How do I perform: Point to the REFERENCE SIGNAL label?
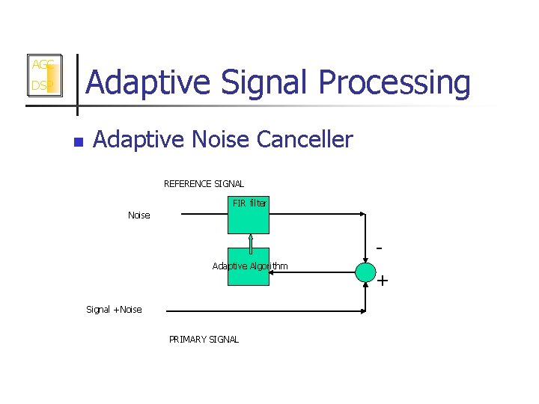tap(204, 184)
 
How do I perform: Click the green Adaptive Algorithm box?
tap(248, 267)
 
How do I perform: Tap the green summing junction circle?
tap(365, 272)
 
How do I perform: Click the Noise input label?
tap(138, 215)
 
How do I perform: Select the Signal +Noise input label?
tap(114, 310)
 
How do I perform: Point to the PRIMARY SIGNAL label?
tap(204, 340)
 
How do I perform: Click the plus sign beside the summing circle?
tap(383, 281)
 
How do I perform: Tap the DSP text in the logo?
tap(39, 86)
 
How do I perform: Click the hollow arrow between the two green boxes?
tap(248, 241)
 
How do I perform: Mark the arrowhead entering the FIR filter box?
tap(222, 215)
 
